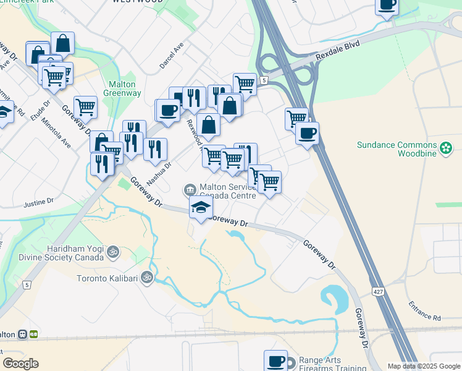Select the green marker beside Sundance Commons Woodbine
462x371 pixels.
pos(446,148)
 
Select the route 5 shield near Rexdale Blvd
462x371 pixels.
pos(264,80)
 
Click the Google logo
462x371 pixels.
pos(20,363)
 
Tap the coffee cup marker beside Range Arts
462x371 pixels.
pos(275,360)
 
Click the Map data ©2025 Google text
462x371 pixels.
pos(424,366)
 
